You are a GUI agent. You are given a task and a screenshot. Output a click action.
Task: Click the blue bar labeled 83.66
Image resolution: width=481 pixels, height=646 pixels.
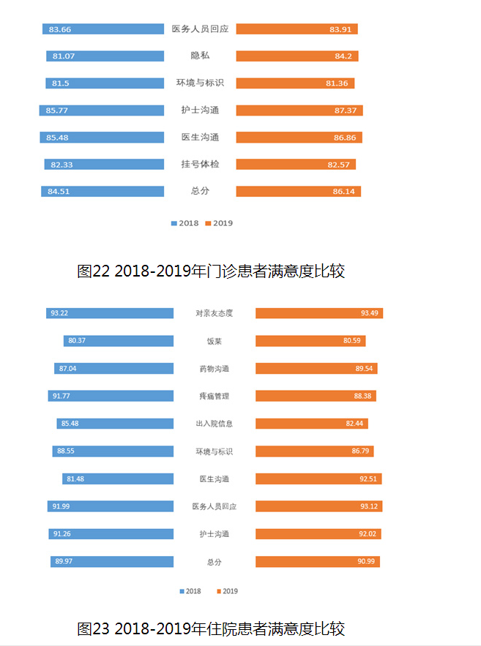point(102,29)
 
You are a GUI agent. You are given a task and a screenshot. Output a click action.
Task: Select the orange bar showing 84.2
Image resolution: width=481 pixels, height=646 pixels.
point(297,56)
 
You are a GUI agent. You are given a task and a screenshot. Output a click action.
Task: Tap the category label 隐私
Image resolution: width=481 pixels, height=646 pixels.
point(200,56)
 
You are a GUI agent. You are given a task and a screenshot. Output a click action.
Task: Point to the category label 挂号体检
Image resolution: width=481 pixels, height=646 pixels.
point(200,165)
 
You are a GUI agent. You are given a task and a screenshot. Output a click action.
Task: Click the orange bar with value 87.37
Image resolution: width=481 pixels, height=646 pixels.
point(299,110)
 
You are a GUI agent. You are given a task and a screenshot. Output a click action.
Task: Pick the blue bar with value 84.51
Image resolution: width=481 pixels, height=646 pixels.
point(102,192)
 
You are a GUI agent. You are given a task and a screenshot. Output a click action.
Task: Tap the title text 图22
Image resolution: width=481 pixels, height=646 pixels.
point(93,271)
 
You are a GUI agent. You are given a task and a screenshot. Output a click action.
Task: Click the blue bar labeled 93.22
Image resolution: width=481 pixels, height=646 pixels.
point(110,313)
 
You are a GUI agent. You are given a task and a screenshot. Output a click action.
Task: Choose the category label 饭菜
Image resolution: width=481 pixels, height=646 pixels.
point(215,341)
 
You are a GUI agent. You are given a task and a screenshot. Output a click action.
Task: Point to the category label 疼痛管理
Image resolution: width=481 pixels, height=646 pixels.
point(215,396)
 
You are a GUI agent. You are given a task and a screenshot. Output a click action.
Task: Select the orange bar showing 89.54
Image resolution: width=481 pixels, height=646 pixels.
point(316,369)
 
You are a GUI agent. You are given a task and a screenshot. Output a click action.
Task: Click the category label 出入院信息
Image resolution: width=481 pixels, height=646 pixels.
point(215,424)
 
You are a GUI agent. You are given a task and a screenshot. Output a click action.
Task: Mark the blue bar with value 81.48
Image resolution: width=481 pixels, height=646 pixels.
point(118,479)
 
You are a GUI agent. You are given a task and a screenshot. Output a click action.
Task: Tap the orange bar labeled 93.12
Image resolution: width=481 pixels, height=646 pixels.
point(318,506)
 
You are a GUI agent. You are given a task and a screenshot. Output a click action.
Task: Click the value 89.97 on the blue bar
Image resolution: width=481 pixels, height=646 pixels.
point(61,562)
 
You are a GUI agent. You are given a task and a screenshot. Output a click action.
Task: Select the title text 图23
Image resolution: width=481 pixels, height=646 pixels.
point(93,628)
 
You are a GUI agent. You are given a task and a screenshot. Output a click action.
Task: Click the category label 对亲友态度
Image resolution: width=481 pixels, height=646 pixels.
point(215,313)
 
